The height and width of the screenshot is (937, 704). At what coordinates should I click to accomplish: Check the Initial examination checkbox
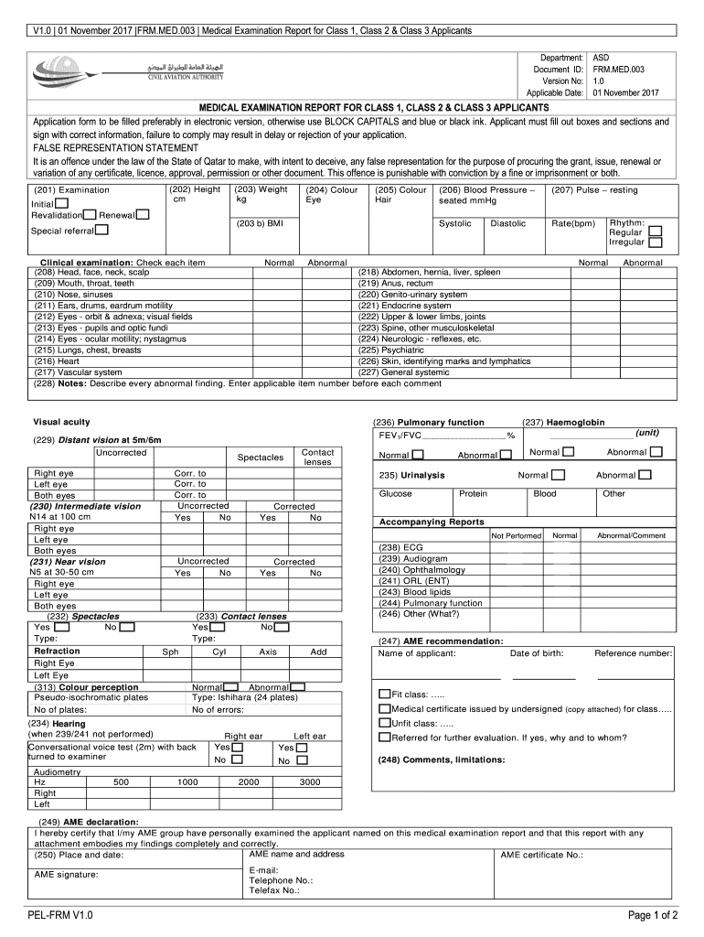tap(61, 202)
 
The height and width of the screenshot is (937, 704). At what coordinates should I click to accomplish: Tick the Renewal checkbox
tap(143, 215)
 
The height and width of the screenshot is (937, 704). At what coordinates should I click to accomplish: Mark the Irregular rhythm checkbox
tap(655, 242)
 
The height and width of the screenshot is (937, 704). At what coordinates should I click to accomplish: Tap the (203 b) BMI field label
tap(260, 222)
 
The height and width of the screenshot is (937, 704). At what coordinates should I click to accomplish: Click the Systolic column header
tap(454, 223)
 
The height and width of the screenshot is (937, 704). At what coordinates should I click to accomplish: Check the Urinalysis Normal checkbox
tap(559, 475)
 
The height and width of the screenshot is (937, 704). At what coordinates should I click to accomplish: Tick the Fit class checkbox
tap(385, 694)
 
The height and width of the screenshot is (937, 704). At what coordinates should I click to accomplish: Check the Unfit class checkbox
tap(385, 723)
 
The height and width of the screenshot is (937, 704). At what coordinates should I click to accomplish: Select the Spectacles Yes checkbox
tap(61, 627)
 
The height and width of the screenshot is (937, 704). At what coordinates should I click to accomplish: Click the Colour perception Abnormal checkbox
tap(297, 686)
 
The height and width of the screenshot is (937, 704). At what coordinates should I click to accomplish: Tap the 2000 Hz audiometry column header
tap(249, 782)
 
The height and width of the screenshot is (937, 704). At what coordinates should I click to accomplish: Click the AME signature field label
tap(67, 874)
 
